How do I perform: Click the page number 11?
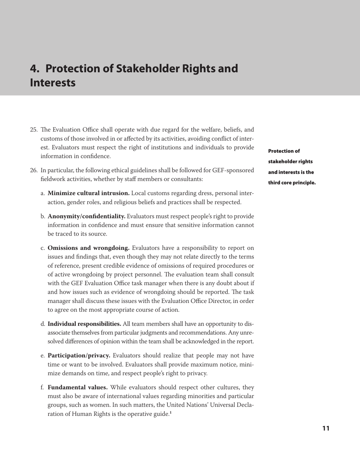(326, 428)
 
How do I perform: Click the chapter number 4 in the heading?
(34, 69)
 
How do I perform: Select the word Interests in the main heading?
(53, 83)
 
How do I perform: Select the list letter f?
(42, 387)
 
